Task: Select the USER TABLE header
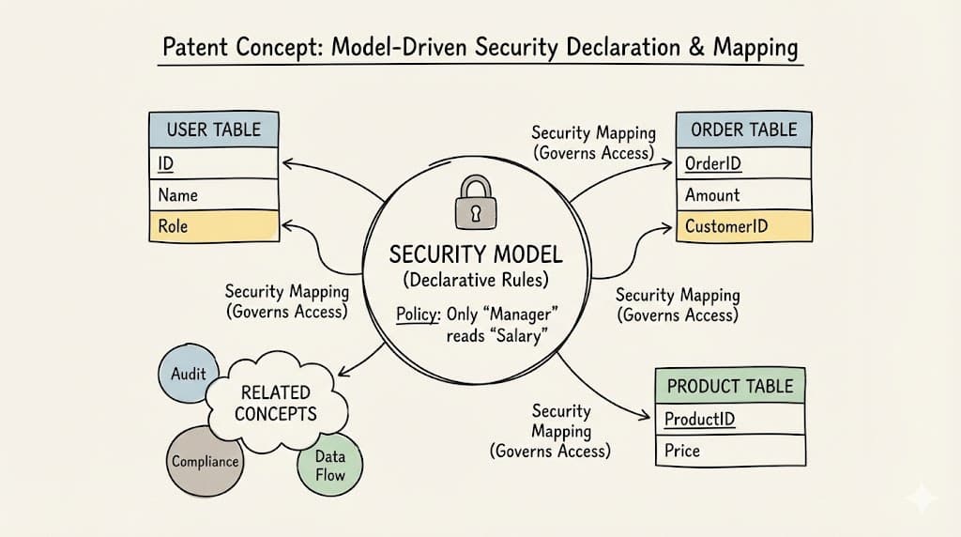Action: click(213, 130)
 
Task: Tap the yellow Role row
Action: click(213, 225)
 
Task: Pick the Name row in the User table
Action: click(213, 194)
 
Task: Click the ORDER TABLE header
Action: click(743, 130)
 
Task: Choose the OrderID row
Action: click(743, 163)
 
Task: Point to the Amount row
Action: click(743, 195)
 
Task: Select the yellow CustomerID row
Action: click(743, 226)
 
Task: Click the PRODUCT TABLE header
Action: click(729, 386)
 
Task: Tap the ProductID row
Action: click(729, 419)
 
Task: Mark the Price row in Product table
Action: click(729, 451)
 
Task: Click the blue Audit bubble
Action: click(188, 373)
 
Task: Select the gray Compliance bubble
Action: click(204, 461)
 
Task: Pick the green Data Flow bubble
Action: click(329, 466)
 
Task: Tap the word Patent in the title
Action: click(197, 47)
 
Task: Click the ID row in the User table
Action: click(213, 163)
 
